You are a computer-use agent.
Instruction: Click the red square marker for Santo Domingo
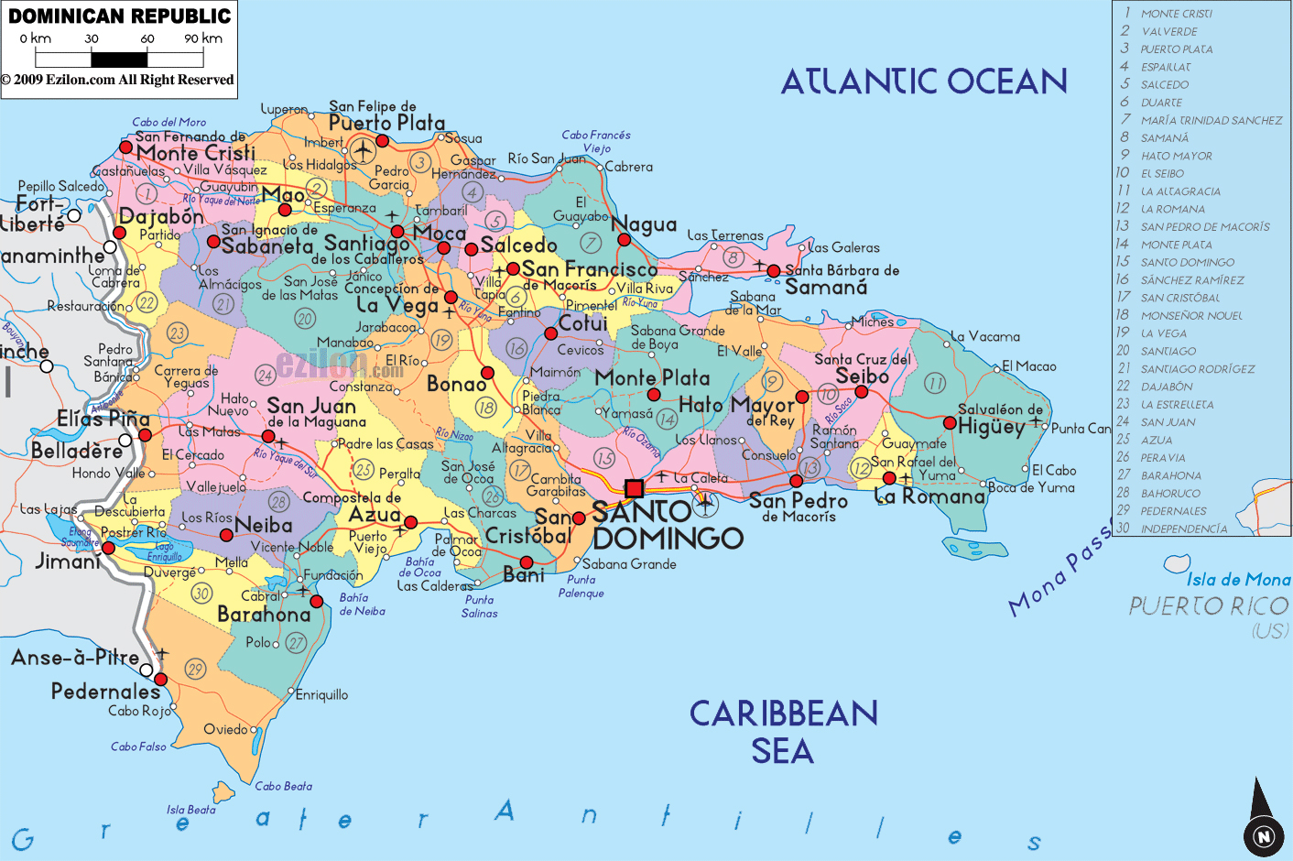(634, 488)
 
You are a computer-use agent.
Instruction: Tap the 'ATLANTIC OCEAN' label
(924, 82)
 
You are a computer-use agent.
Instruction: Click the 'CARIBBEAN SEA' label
(783, 732)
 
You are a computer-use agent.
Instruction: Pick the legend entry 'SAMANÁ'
(1164, 138)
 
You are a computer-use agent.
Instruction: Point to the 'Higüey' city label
(991, 427)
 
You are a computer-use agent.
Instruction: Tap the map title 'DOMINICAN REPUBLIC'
(120, 16)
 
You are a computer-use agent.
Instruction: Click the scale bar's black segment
(119, 60)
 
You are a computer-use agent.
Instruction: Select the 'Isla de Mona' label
(1238, 579)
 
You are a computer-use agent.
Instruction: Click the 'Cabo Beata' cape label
(283, 786)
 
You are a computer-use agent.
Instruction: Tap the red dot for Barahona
(317, 602)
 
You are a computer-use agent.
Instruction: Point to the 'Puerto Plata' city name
(386, 123)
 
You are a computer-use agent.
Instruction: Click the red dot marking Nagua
(624, 240)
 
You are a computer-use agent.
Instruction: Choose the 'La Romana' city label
(929, 496)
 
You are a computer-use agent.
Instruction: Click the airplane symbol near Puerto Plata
(363, 148)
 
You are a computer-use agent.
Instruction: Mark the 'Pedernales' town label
(105, 692)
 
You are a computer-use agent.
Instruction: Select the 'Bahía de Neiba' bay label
(362, 605)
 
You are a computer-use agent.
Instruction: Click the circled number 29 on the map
(195, 669)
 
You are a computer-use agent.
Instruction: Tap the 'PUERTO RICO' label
(1209, 606)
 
